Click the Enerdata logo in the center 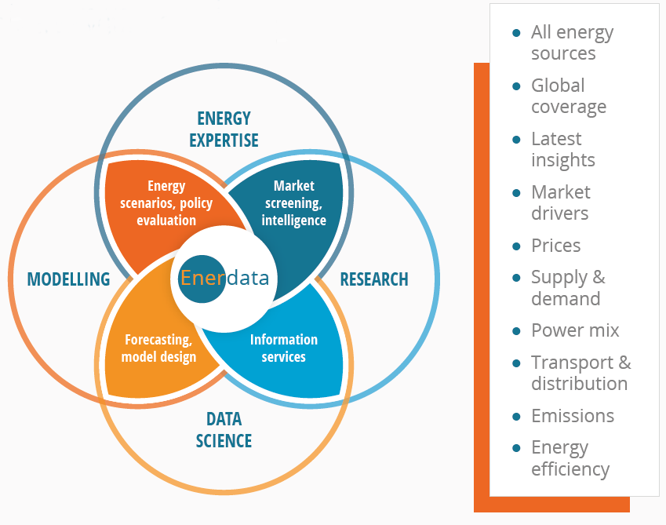point(224,279)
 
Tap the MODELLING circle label point(68,279)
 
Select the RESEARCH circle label point(374,279)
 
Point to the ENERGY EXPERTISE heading point(224,129)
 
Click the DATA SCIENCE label point(224,430)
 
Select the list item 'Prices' point(555,246)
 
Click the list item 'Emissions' point(573,416)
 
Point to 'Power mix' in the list point(575,330)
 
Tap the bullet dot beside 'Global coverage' point(516,86)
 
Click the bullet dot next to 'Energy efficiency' point(516,448)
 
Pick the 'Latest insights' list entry point(563,150)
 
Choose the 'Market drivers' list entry point(561,202)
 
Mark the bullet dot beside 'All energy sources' point(516,33)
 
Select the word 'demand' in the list point(566,299)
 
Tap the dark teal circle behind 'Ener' point(202,279)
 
